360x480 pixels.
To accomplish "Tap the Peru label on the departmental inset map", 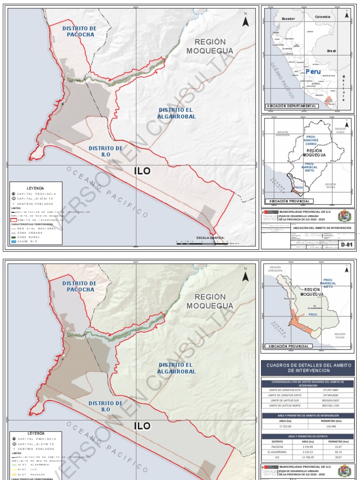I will tap(313, 72).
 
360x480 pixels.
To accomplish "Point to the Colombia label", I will tap(322, 17).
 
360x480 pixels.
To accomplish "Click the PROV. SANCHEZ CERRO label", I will tap(311, 140).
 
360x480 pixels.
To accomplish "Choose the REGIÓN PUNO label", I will tap(340, 131).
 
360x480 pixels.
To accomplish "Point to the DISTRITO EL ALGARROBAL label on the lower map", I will tap(176, 368).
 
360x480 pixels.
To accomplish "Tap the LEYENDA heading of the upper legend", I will tap(36, 188).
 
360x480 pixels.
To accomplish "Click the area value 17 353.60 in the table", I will tap(284, 426).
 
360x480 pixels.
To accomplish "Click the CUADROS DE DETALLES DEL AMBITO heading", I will tap(307, 367).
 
